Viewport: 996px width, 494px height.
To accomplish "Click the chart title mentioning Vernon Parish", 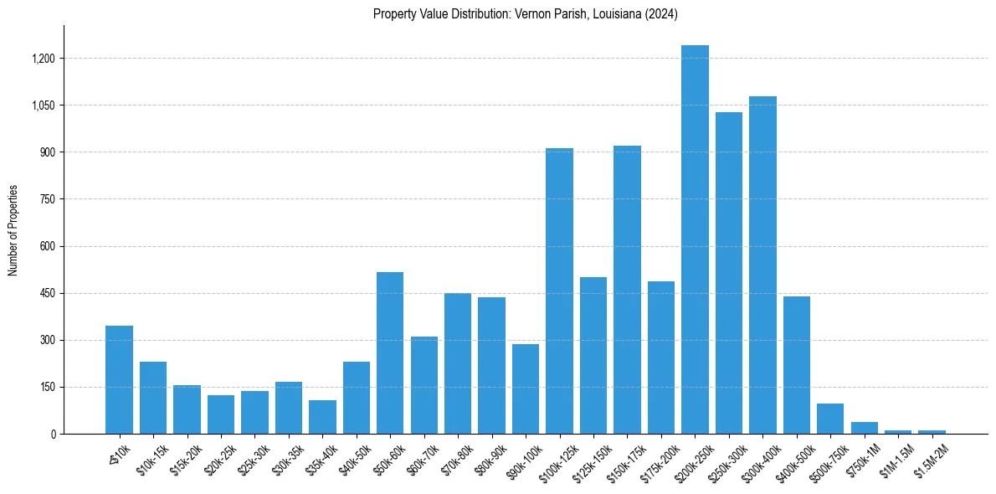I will pos(525,14).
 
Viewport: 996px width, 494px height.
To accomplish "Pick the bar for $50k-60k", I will pos(390,352).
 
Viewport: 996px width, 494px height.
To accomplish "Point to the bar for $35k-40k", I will pos(322,417).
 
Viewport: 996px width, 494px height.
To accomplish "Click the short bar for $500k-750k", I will pos(830,419).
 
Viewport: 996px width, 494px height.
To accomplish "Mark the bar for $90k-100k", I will pos(526,389).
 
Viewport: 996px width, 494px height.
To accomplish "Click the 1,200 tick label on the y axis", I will pos(44,59).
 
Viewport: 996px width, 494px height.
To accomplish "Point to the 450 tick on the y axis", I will pos(48,294).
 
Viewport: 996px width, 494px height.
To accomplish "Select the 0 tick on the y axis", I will pos(53,435).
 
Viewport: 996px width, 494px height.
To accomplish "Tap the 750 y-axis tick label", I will pos(48,199).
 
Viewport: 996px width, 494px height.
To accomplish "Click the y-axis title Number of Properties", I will pos(13,230).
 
